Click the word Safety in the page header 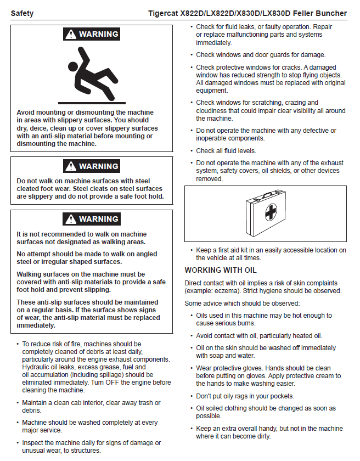point(22,13)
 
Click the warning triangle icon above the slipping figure point(70,35)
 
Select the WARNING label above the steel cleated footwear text point(98,166)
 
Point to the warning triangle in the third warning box point(70,219)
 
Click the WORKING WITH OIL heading point(220,271)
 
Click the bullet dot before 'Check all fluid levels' point(190,151)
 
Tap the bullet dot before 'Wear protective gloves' point(190,368)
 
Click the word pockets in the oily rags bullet point(278,396)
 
